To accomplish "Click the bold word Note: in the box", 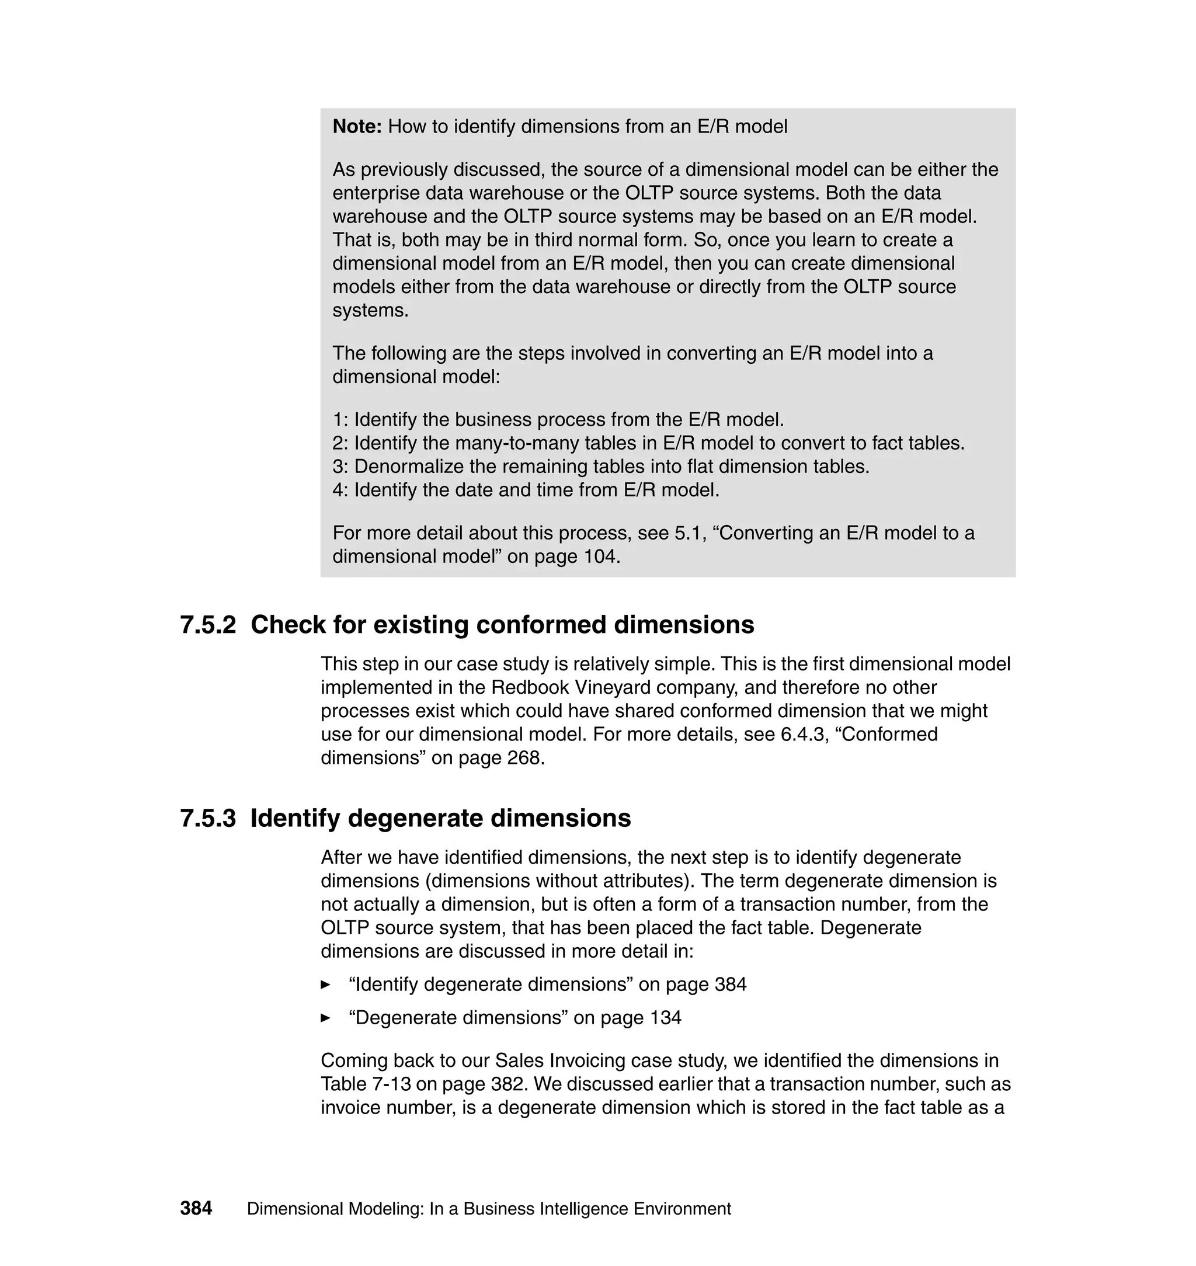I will point(357,127).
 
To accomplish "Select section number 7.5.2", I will point(208,625).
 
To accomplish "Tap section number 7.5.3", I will point(208,819).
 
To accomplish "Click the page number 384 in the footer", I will point(196,1209).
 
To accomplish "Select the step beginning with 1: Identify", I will point(558,420).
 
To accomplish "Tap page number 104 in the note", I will point(600,557).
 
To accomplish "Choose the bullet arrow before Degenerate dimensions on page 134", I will point(326,1018).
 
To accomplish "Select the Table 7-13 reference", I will point(366,1084).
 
